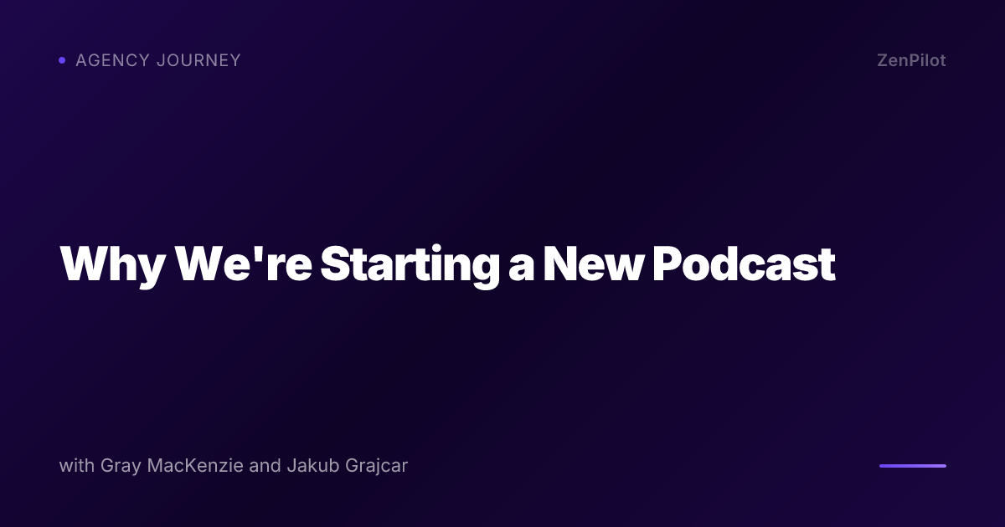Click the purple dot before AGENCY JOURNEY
[62, 60]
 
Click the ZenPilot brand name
[911, 60]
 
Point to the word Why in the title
[110, 263]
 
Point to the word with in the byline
[76, 466]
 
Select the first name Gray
[120, 467]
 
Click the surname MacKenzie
[196, 466]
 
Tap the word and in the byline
[265, 466]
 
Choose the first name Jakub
[310, 466]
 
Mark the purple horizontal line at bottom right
[912, 466]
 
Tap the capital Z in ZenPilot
[883, 60]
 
